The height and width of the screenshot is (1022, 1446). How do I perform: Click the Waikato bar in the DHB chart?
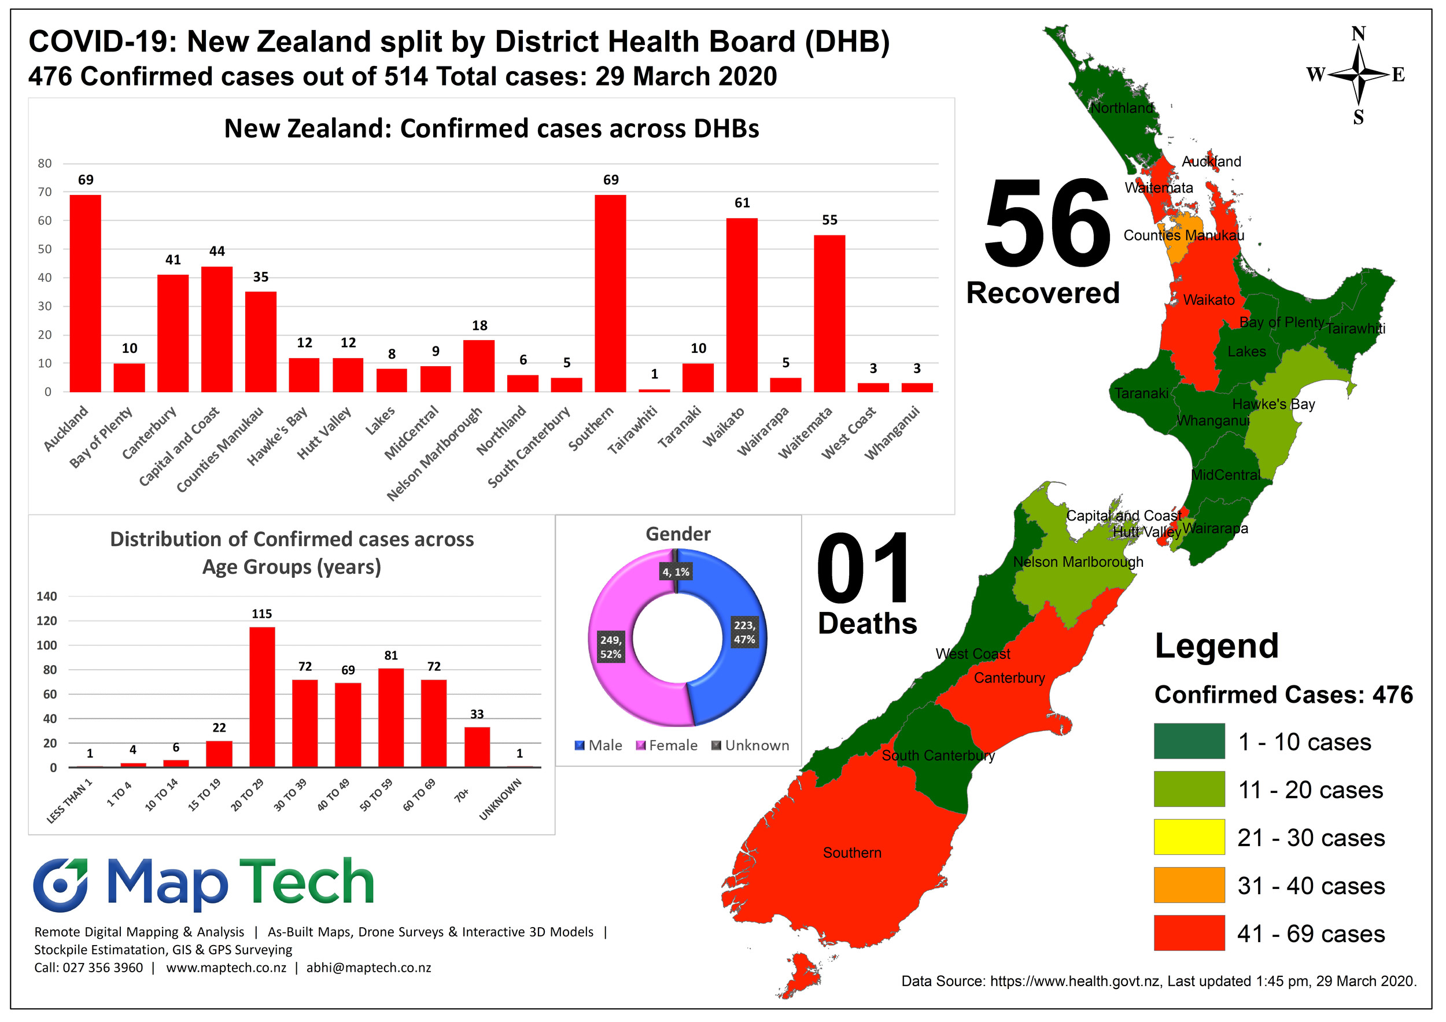point(742,305)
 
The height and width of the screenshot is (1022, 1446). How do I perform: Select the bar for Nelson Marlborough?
point(479,366)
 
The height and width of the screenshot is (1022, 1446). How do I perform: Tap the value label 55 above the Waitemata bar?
point(829,220)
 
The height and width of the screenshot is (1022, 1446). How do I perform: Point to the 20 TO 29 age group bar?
point(262,696)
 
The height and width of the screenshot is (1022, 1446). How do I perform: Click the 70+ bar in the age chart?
point(477,747)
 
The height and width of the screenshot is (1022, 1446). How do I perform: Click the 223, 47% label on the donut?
point(744,632)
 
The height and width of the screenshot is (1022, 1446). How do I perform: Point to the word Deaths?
point(867,623)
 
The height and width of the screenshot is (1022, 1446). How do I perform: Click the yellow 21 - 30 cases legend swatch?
point(1189,837)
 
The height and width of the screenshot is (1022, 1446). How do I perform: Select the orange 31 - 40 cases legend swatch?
point(1189,885)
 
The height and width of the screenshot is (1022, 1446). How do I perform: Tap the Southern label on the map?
point(851,853)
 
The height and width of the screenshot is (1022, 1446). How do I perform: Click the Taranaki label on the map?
point(1141,393)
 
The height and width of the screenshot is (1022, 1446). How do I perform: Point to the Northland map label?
point(1122,108)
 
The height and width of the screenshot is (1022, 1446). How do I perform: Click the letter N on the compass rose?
point(1359,34)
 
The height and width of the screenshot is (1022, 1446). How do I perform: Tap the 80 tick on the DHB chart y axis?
point(45,164)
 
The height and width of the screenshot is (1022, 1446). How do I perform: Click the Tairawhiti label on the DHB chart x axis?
point(632,430)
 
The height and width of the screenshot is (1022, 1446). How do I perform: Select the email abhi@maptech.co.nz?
point(368,968)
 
